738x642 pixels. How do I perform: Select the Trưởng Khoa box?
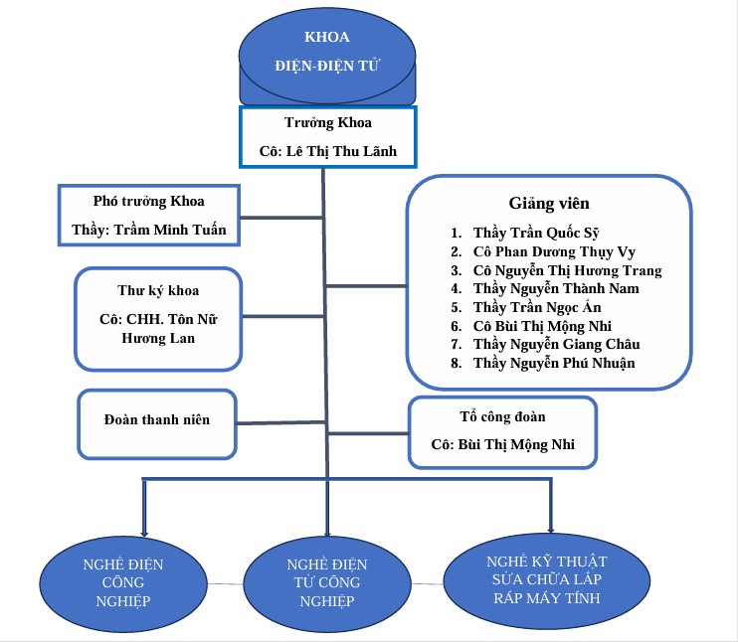click(328, 138)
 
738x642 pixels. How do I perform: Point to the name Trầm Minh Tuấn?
click(170, 231)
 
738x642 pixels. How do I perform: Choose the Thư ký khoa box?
click(158, 316)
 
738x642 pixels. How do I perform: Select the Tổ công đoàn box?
click(503, 431)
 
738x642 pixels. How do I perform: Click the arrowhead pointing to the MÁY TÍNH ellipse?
click(551, 527)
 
